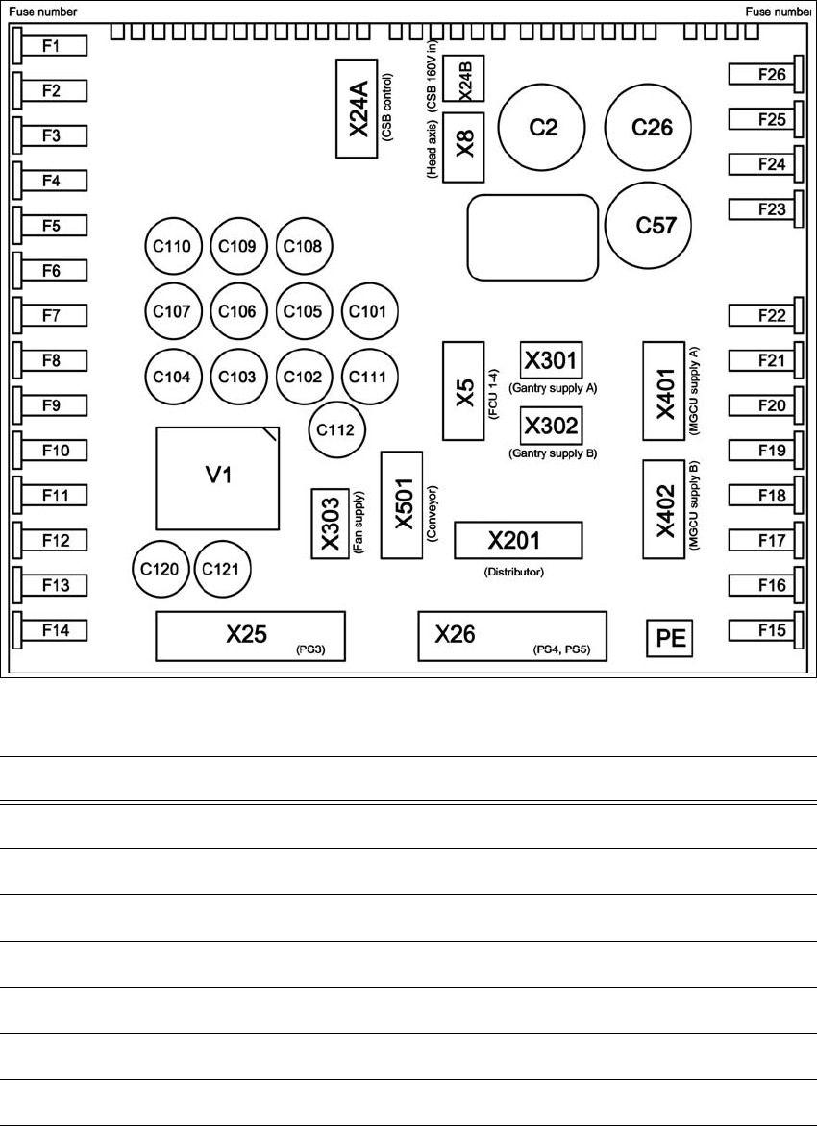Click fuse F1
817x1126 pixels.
click(53, 46)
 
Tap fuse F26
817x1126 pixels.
click(763, 74)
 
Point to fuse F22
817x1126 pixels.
click(763, 315)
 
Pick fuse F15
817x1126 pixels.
click(763, 630)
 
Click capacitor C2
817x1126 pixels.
click(544, 127)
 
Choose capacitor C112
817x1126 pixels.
click(333, 429)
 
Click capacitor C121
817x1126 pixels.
click(222, 569)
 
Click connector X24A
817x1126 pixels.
click(358, 109)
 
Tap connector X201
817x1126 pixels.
click(519, 541)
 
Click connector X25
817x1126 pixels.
click(250, 635)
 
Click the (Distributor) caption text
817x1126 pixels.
click(514, 573)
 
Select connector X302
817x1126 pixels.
click(552, 422)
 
